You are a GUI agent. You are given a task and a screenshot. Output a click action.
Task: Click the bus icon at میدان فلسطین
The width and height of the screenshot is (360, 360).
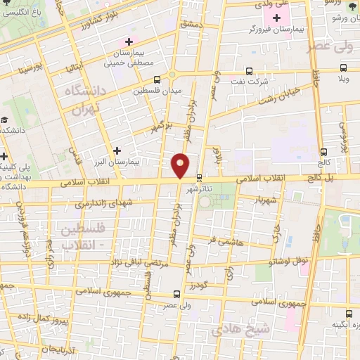155,79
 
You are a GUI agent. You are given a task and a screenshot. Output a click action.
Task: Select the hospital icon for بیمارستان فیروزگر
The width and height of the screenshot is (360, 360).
276,18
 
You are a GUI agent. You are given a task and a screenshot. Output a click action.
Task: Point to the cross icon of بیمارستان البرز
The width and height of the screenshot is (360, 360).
117,150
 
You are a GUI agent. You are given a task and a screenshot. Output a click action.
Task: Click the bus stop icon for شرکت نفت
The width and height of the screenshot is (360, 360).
250,70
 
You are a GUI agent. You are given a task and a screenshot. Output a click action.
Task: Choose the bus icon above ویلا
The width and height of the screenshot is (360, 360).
343,68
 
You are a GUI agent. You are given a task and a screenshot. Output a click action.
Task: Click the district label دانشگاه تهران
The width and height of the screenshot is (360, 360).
84,103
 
